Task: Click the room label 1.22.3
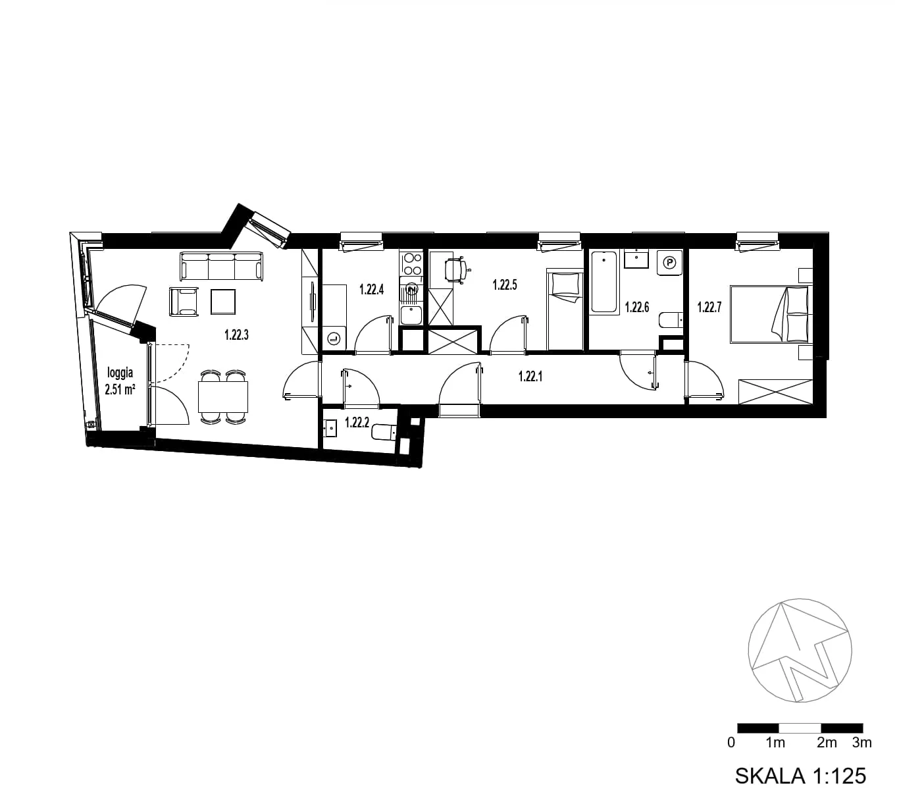[x=236, y=335]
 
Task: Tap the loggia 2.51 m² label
[x=120, y=381]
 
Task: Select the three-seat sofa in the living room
[x=221, y=267]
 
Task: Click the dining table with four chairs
[x=222, y=396]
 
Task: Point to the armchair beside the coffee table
[x=183, y=302]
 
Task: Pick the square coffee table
[x=222, y=302]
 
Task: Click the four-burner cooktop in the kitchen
[x=411, y=264]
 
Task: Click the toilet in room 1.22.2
[x=383, y=432]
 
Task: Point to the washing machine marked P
[x=669, y=263]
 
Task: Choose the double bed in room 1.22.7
[x=771, y=314]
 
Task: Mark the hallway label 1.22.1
[x=530, y=377]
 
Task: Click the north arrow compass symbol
[x=800, y=651]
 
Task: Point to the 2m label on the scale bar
[x=827, y=743]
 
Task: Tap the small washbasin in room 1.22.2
[x=331, y=428]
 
